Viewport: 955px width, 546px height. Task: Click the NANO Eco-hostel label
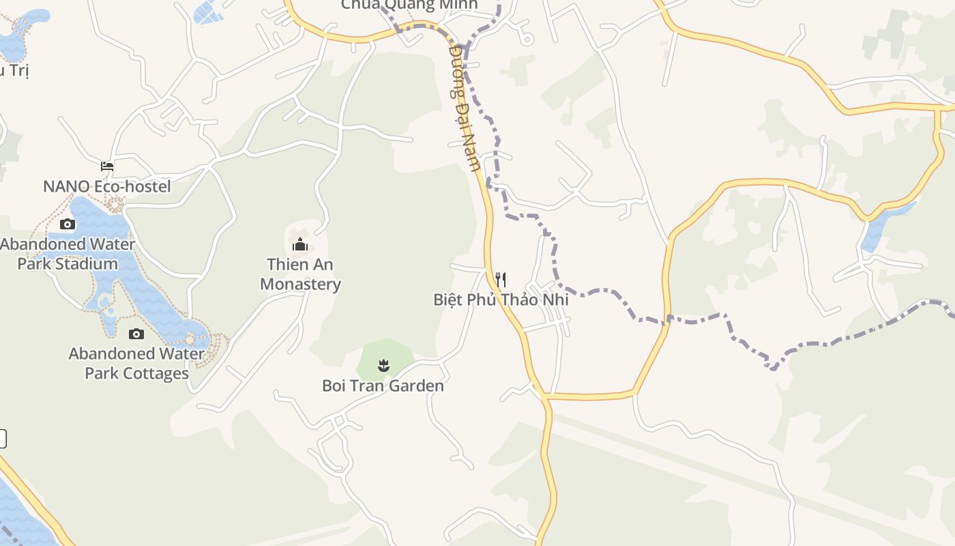click(106, 186)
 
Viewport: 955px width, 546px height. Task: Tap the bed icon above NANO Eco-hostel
click(107, 166)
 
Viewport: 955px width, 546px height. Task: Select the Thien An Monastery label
click(300, 274)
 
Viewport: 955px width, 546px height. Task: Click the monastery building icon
click(300, 244)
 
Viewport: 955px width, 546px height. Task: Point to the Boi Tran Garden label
click(383, 386)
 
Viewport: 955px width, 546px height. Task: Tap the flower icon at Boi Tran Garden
click(383, 366)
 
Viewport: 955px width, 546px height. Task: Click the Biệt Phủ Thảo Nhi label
click(501, 300)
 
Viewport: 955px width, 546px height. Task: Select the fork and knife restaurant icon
click(501, 279)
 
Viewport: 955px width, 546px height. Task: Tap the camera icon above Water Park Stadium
click(67, 224)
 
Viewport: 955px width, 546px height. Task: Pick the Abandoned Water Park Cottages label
click(136, 364)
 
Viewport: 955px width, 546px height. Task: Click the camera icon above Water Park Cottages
click(136, 334)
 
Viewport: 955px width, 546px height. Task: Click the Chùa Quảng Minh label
click(409, 5)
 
